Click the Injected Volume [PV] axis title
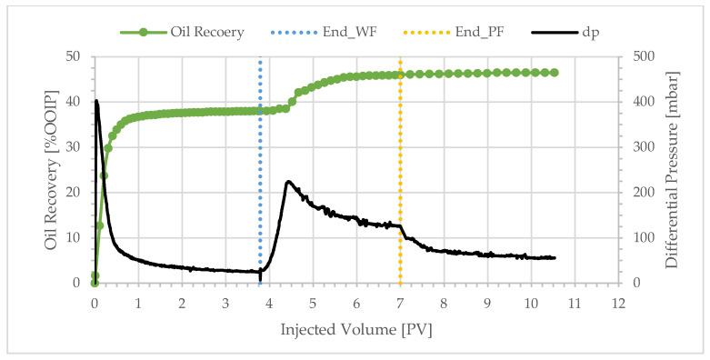point(355,328)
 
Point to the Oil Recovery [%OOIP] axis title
point(53,169)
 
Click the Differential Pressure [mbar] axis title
point(674,169)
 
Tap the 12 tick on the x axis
point(618,303)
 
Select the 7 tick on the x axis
point(400,303)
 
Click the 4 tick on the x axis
point(269,303)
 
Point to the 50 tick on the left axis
point(75,56)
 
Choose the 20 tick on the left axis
point(75,193)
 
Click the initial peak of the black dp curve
point(96,101)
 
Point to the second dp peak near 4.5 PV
point(288,182)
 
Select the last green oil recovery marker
point(554,73)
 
